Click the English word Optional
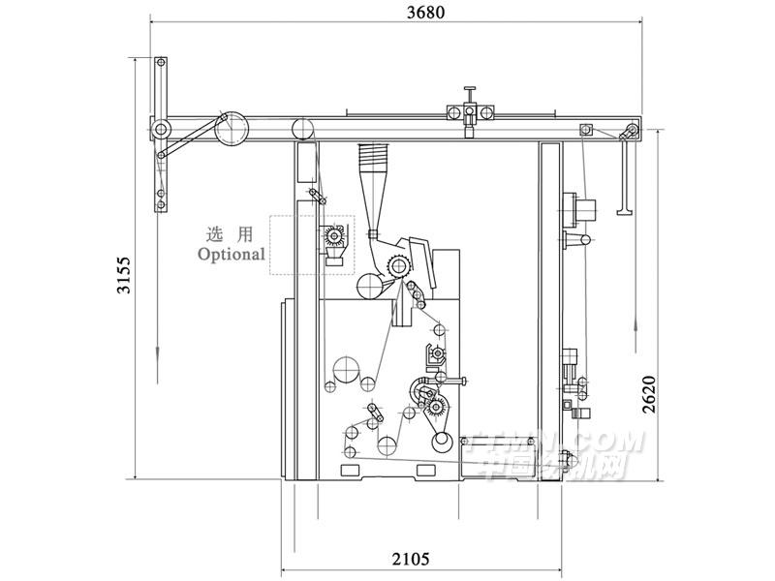(231, 255)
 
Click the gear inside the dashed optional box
(334, 235)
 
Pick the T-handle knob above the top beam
(471, 95)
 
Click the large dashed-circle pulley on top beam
(232, 129)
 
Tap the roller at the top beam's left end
(161, 128)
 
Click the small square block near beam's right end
(585, 129)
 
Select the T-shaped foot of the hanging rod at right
(624, 206)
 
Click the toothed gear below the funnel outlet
(397, 266)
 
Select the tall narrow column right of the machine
(550, 310)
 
